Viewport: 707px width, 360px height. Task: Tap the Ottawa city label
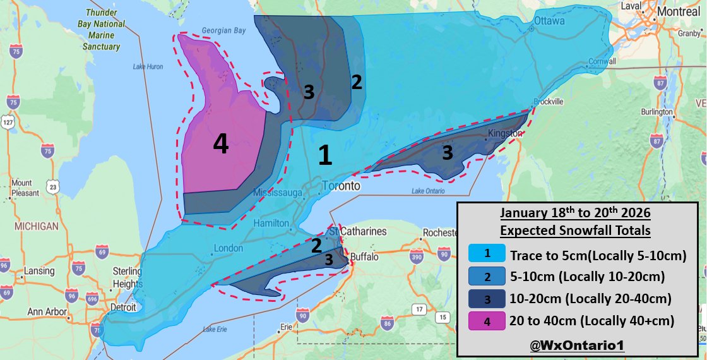(549, 20)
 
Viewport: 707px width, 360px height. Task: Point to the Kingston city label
(505, 134)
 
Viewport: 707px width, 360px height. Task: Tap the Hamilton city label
(271, 224)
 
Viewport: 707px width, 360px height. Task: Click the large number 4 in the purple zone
(220, 145)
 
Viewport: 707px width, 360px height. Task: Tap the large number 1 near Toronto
(324, 155)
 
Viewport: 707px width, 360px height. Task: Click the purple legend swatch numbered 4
(487, 321)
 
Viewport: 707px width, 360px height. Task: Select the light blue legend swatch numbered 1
(487, 255)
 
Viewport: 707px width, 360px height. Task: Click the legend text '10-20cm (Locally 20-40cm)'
(590, 299)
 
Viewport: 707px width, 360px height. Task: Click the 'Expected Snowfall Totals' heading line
(575, 231)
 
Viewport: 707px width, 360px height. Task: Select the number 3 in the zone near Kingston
(447, 152)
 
